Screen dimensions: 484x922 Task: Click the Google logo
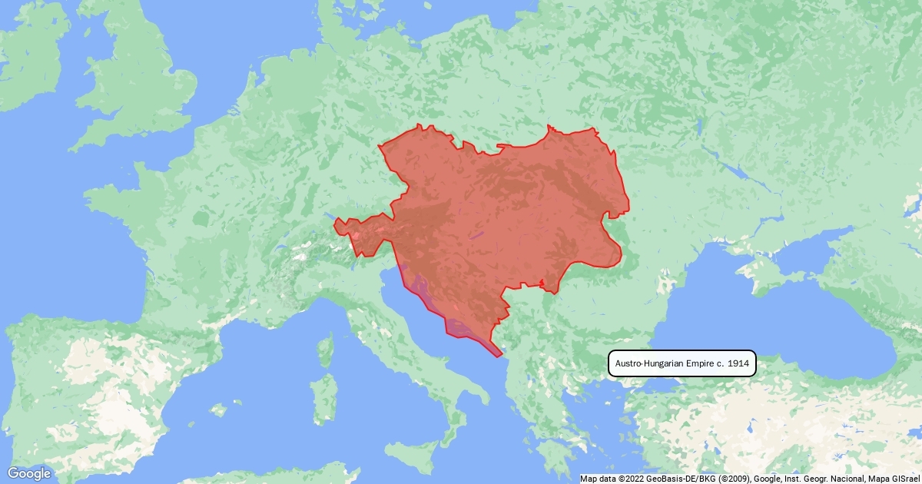tap(29, 473)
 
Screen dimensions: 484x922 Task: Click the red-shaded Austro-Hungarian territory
tap(499, 215)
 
